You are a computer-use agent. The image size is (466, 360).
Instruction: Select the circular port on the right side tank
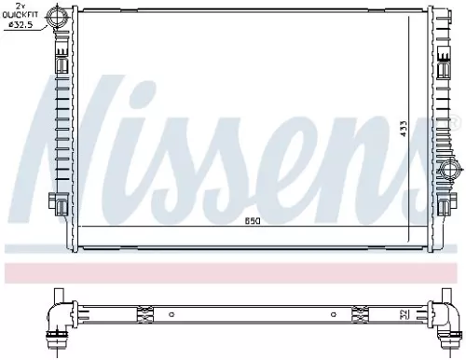click(447, 171)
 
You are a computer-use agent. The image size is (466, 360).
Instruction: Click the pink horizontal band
click(233, 271)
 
